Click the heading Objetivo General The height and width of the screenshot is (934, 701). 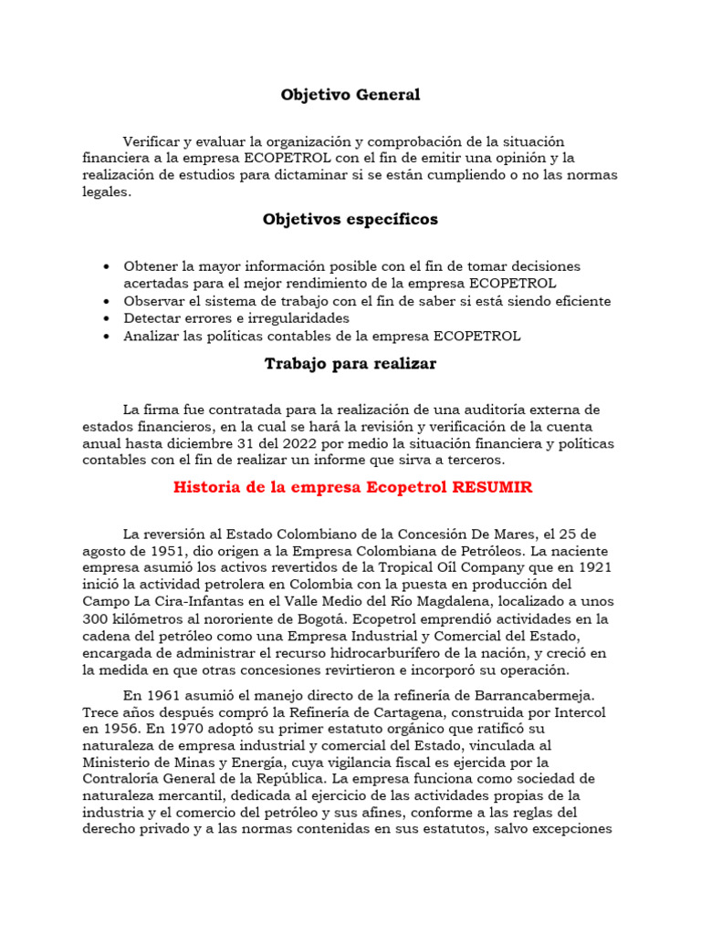350,95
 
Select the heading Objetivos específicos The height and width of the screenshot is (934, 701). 350,220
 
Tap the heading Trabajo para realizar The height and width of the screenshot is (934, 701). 350,364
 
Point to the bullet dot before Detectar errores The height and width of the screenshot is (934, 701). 108,318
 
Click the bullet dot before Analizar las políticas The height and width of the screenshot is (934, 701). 108,336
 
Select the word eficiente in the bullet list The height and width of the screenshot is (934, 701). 577,301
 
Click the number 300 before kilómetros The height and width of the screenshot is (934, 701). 95,619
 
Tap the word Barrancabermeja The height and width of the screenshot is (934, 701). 538,695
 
